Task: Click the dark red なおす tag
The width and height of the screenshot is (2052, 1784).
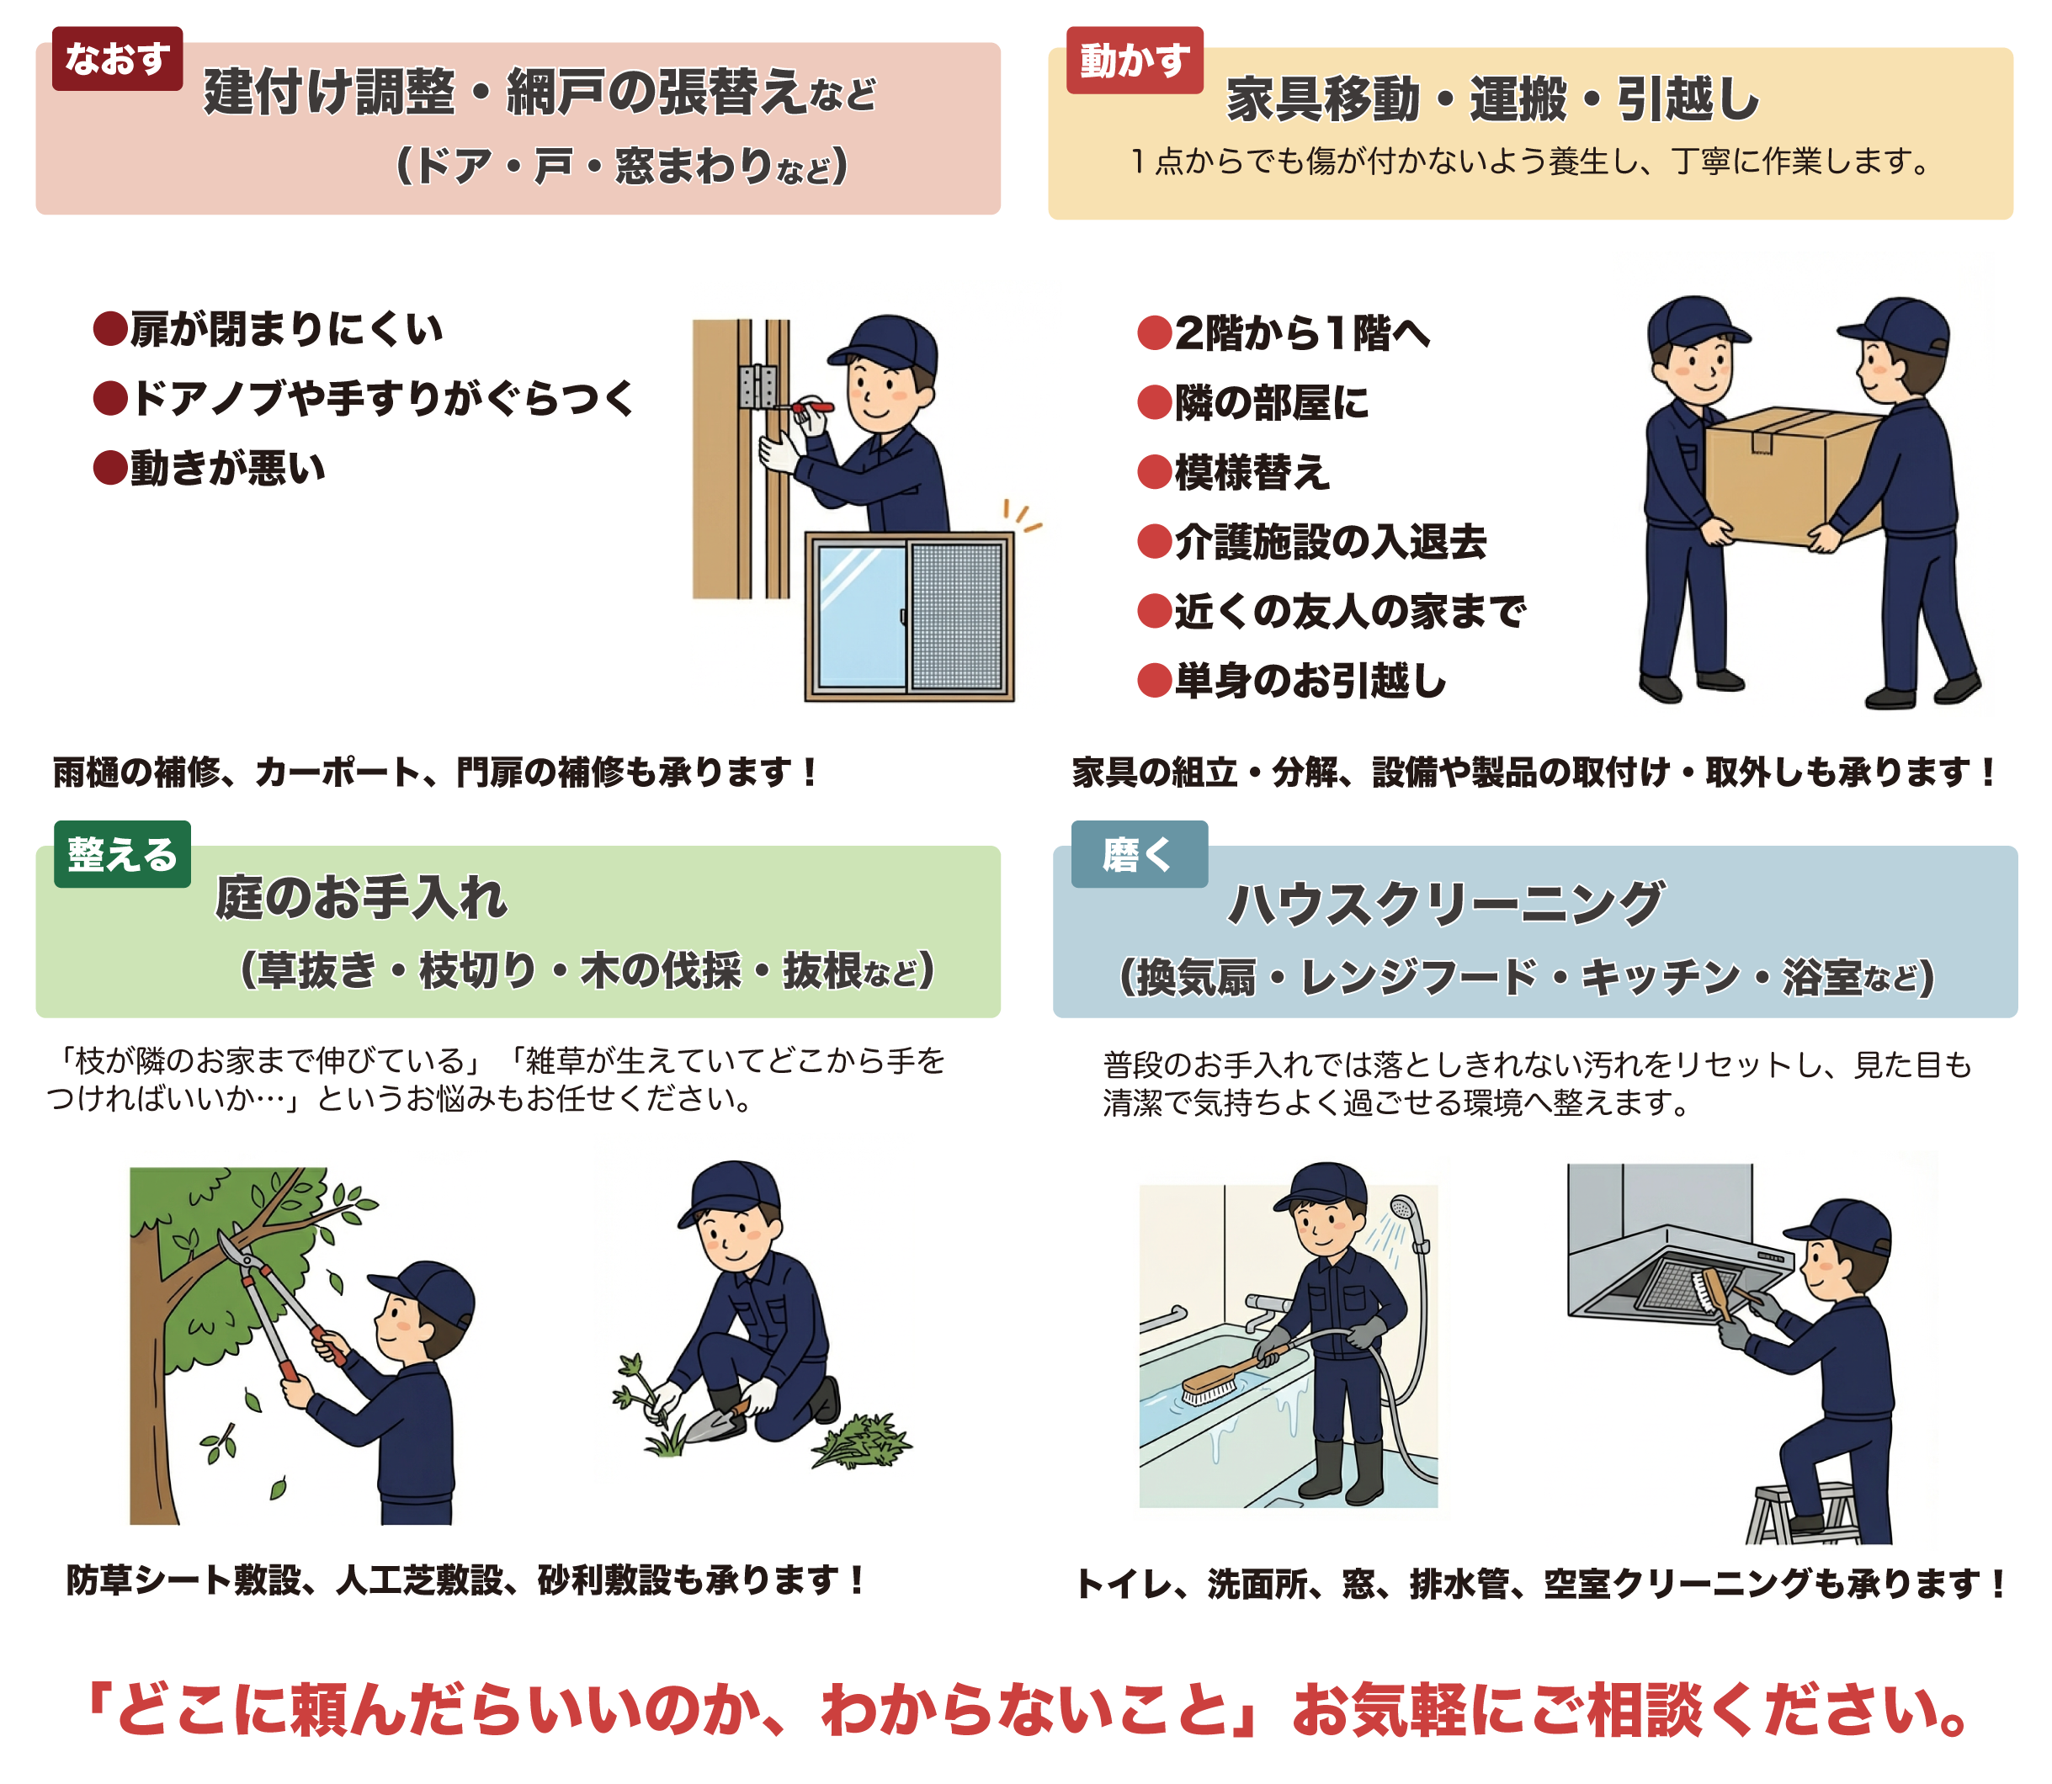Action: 116,59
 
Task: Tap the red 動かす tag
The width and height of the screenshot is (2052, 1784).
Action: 1134,61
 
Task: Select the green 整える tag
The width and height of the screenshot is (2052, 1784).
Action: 121,854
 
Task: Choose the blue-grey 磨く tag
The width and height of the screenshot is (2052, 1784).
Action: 1138,854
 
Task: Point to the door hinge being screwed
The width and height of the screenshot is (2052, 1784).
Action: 758,386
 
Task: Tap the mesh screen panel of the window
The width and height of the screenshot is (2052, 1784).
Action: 957,616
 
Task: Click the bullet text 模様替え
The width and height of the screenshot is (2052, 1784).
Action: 1252,472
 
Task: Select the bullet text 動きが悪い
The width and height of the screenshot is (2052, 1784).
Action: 227,468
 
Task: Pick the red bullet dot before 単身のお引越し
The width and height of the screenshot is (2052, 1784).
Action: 1154,681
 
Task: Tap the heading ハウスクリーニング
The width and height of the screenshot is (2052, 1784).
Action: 1443,904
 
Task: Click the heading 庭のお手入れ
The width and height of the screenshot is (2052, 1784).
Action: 360,898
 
